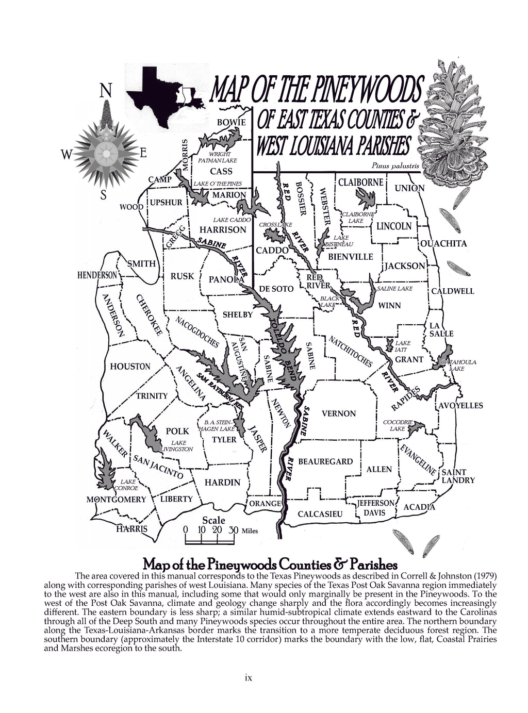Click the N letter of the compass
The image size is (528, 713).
click(x=105, y=91)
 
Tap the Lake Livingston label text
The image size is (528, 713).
click(x=177, y=446)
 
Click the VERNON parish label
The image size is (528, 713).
click(x=338, y=413)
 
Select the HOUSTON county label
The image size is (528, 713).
click(x=130, y=367)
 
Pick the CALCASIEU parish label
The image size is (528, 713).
click(x=320, y=514)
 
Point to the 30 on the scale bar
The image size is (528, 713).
click(x=233, y=530)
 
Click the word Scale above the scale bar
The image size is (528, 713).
click(x=213, y=520)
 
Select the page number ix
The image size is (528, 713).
click(x=248, y=678)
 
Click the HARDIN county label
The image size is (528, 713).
click(x=222, y=483)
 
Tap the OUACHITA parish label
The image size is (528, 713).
click(x=443, y=243)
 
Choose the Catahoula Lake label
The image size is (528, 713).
click(x=458, y=366)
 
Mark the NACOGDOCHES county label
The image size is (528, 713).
click(x=197, y=332)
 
